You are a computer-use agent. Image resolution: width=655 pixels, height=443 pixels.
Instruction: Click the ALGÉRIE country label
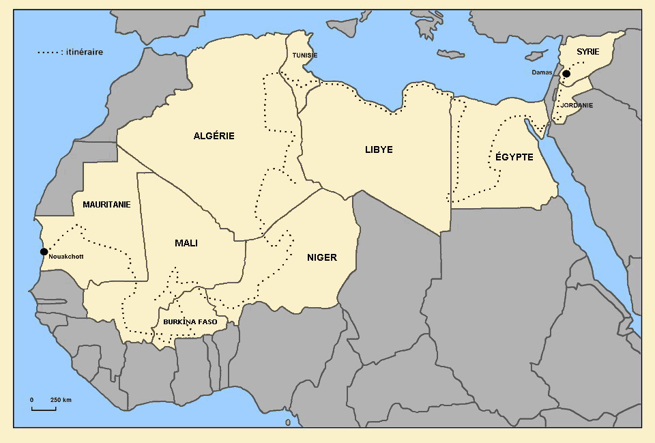(x=214, y=136)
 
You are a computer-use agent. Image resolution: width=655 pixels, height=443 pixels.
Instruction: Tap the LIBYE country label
(x=379, y=149)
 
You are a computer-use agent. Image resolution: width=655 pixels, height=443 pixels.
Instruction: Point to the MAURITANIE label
(x=106, y=204)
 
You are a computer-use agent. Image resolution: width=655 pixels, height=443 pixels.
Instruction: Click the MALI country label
(x=186, y=243)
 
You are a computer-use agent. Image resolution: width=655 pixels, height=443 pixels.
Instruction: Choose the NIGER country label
(x=322, y=257)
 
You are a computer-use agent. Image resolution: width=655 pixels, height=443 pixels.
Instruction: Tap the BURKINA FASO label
(x=190, y=321)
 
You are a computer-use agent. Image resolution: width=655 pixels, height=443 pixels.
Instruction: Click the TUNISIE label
(x=305, y=55)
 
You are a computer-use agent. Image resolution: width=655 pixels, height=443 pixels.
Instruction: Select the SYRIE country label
(x=587, y=52)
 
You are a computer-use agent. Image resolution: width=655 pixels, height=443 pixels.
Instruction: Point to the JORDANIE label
(x=577, y=106)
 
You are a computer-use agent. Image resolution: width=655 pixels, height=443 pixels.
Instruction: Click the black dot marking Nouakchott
(x=44, y=252)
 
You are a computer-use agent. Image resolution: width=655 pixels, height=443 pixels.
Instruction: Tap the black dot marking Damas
(x=566, y=73)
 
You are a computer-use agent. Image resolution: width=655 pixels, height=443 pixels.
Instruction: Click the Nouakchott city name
(x=66, y=257)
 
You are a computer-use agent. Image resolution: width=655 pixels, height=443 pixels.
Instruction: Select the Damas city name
(x=542, y=72)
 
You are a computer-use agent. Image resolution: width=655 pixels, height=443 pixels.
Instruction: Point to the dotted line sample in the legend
(x=48, y=52)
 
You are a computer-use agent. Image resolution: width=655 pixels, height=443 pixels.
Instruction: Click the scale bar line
(x=44, y=410)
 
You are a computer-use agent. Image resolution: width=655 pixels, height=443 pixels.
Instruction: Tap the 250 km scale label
(x=61, y=399)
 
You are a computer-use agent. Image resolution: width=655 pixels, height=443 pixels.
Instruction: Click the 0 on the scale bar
(x=31, y=399)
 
